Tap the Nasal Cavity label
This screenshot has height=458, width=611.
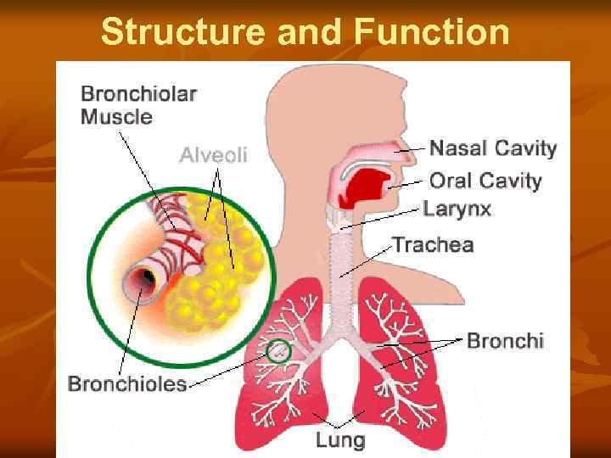click(x=493, y=149)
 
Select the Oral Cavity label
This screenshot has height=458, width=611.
click(x=485, y=181)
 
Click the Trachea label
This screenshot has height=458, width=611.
click(x=433, y=245)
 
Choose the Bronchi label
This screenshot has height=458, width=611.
click(x=505, y=341)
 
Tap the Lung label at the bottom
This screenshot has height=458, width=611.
click(x=340, y=439)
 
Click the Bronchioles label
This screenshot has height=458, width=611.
click(x=127, y=384)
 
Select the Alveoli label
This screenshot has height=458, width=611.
click(x=213, y=154)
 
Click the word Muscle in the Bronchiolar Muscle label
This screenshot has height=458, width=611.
click(x=116, y=117)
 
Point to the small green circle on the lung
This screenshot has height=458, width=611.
click(x=278, y=351)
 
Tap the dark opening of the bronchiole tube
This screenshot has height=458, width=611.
click(x=147, y=277)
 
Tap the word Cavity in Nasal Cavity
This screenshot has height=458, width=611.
click(x=526, y=149)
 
